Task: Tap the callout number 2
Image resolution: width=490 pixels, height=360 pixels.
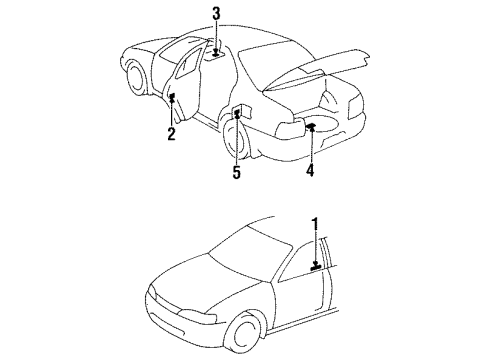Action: [172, 134]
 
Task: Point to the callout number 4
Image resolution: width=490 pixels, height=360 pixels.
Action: [311, 170]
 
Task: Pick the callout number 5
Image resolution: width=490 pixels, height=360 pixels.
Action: [237, 172]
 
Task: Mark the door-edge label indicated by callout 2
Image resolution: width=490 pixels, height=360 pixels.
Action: [173, 97]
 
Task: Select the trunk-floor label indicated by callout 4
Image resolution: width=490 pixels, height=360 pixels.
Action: [311, 126]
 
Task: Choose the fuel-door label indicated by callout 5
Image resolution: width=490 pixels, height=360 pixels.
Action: [237, 114]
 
